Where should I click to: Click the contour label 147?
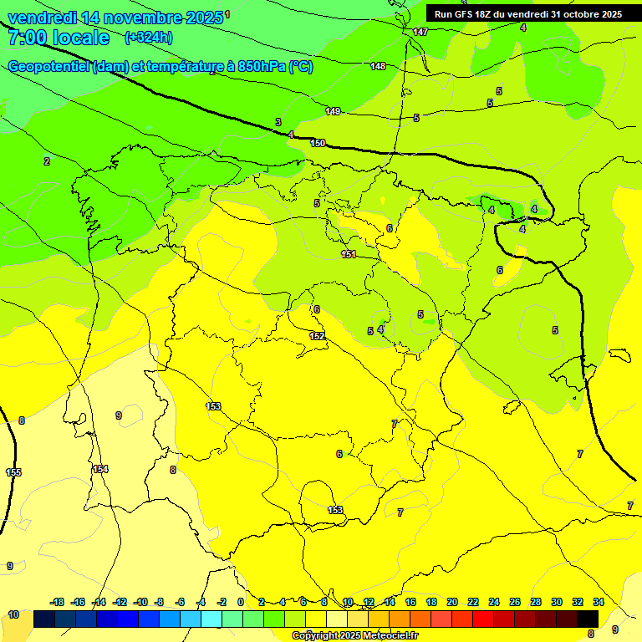coord(420,32)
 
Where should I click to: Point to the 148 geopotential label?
coord(378,66)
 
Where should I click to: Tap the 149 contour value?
coord(333,111)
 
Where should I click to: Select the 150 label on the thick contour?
coord(318,143)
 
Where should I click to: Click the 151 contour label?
coord(349,254)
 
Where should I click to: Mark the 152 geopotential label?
coord(317,336)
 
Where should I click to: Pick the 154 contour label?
coord(100,469)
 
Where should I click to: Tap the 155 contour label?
coord(13,472)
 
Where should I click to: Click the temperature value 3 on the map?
coord(278,122)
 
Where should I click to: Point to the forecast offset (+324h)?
coord(149,38)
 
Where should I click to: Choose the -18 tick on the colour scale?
coord(58,602)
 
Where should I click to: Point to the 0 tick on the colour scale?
coord(241,602)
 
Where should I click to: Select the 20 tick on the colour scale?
coord(452,602)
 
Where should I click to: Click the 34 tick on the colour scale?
coord(599,602)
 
